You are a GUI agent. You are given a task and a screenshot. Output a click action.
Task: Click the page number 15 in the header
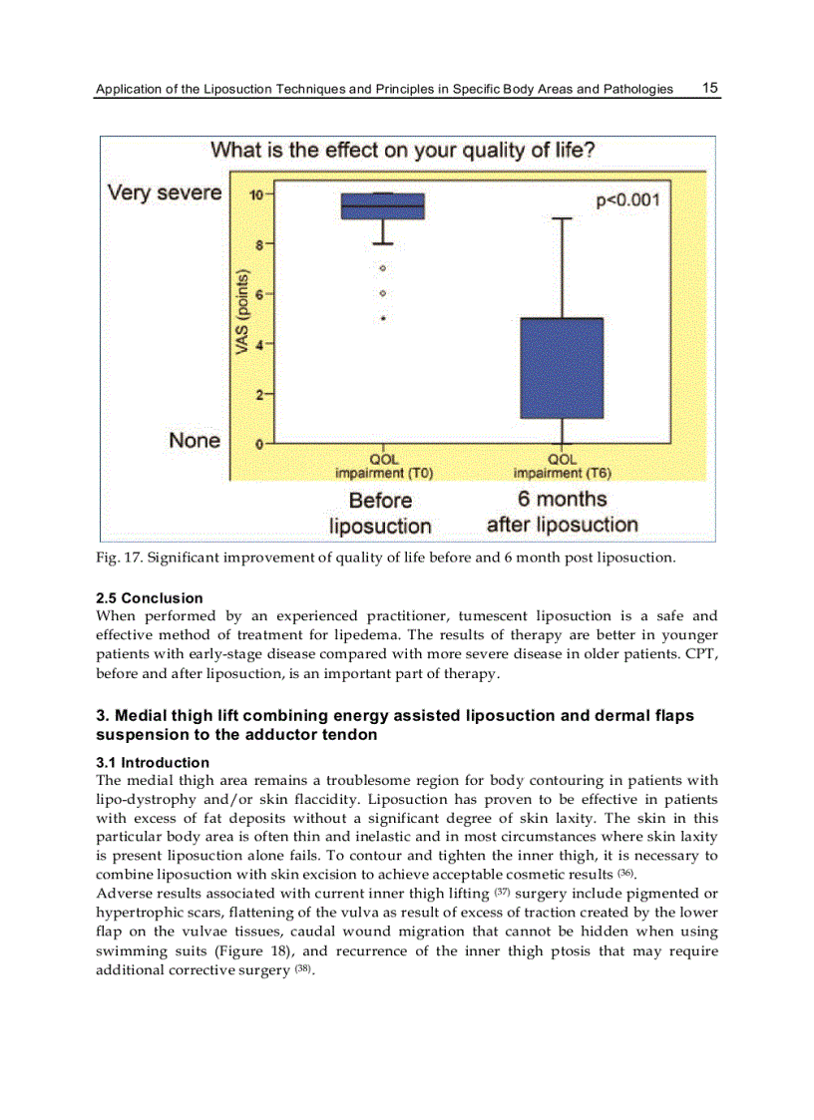point(710,88)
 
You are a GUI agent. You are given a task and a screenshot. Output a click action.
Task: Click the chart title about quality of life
point(403,151)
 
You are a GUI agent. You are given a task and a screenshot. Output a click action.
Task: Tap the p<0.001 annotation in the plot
point(627,200)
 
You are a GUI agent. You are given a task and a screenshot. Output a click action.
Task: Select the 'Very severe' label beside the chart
point(165,192)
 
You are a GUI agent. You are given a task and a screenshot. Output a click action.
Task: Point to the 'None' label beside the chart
point(195,440)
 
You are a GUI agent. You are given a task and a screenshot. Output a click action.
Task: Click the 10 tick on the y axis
point(255,194)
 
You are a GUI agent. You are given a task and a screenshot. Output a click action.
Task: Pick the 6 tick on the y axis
point(258,294)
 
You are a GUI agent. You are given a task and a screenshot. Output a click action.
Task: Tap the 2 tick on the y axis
point(258,395)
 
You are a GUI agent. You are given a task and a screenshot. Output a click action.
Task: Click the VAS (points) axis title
point(241,310)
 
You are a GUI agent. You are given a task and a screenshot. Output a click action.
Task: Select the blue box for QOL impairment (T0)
point(382,206)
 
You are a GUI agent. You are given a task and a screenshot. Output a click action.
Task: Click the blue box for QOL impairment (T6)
point(562,368)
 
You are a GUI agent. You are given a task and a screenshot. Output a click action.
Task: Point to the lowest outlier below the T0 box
point(383,319)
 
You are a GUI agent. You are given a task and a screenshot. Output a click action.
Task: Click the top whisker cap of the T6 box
point(563,218)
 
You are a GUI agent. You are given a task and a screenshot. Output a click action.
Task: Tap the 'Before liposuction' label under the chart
point(380,513)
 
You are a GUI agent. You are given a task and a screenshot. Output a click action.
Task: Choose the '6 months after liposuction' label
point(562,512)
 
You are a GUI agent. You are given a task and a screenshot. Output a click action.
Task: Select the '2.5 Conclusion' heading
point(149,598)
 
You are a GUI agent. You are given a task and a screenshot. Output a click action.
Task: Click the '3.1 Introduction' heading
point(153,763)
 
